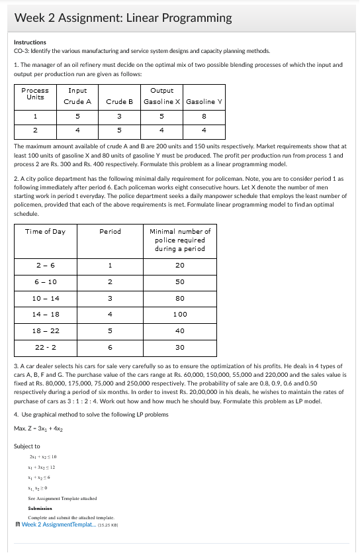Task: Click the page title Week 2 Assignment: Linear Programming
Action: click(x=123, y=18)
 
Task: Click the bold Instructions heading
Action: click(x=30, y=42)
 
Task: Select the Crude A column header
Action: click(x=77, y=101)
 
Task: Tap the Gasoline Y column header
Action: click(x=204, y=101)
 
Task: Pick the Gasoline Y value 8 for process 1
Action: click(x=204, y=116)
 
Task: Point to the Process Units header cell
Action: click(x=35, y=93)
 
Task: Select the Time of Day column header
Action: click(x=45, y=231)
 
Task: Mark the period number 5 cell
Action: click(x=109, y=330)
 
